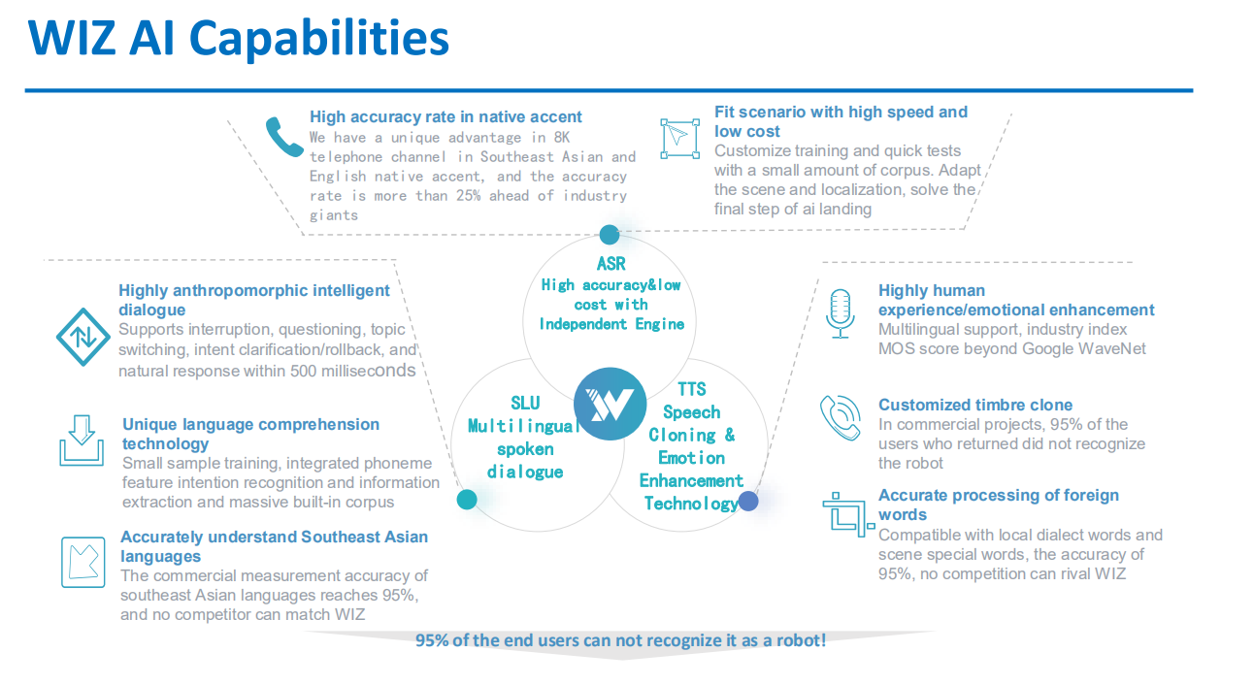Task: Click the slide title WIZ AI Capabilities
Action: pyautogui.click(x=239, y=39)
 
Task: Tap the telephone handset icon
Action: pyautogui.click(x=283, y=138)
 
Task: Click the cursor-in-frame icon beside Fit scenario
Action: pyautogui.click(x=679, y=138)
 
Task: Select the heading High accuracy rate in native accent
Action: pyautogui.click(x=445, y=116)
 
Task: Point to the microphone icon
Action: pyautogui.click(x=840, y=313)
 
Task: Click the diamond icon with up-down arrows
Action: pyautogui.click(x=82, y=337)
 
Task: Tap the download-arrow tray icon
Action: pyautogui.click(x=82, y=440)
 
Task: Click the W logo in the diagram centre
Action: pyautogui.click(x=610, y=404)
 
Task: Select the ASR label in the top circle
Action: pyautogui.click(x=610, y=264)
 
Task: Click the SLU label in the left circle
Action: pyautogui.click(x=525, y=403)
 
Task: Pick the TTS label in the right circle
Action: pyautogui.click(x=691, y=389)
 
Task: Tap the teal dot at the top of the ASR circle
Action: pyautogui.click(x=610, y=235)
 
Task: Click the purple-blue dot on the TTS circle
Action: pyautogui.click(x=748, y=501)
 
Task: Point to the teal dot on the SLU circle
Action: pyautogui.click(x=467, y=500)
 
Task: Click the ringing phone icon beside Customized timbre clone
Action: pyautogui.click(x=840, y=417)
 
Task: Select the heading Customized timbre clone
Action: pyautogui.click(x=975, y=405)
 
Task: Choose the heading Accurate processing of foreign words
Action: pyautogui.click(x=998, y=505)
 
